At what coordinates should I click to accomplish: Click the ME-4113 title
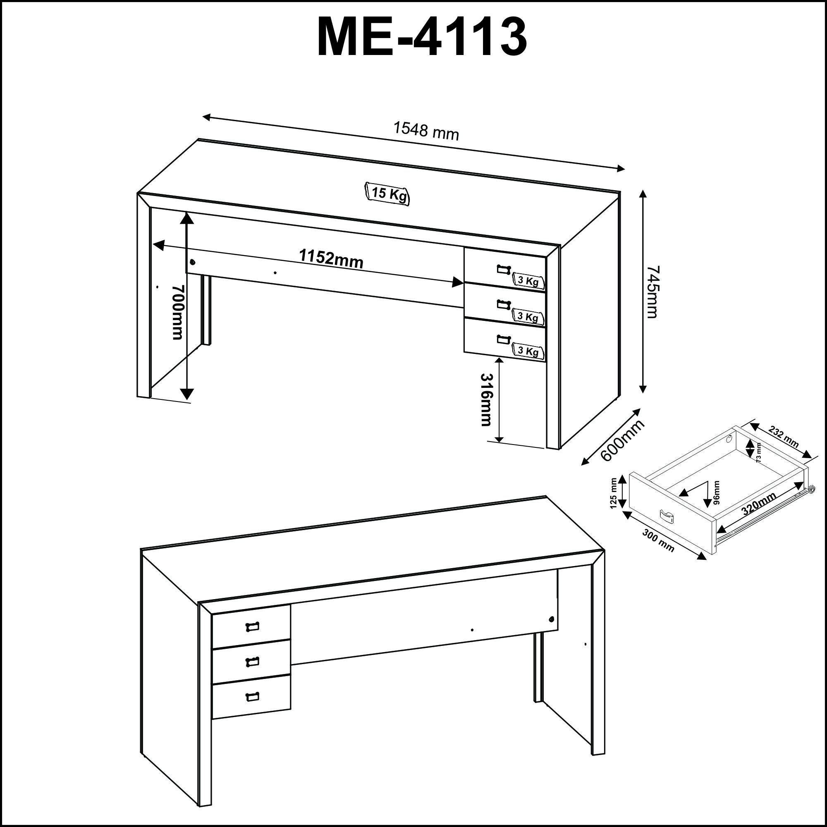(x=422, y=38)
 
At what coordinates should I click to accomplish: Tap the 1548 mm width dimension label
(x=426, y=131)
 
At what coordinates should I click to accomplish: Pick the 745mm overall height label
(x=653, y=292)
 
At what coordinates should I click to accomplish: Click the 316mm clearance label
(x=487, y=399)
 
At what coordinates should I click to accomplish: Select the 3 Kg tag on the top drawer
(x=528, y=281)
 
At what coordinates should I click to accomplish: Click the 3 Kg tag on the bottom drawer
(x=528, y=351)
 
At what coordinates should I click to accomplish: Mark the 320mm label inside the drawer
(x=759, y=504)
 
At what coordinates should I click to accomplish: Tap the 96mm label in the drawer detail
(x=717, y=493)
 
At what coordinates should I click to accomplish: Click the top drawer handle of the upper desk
(x=504, y=269)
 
